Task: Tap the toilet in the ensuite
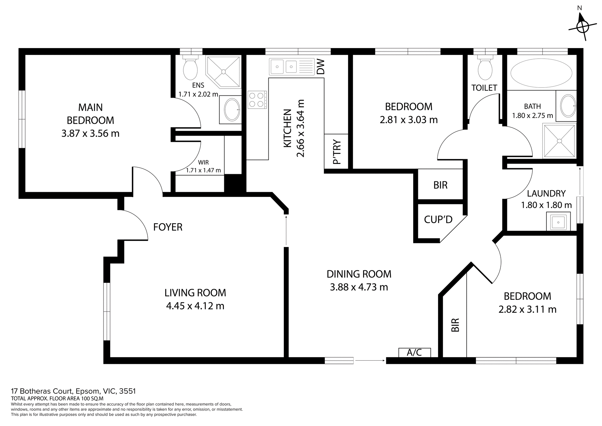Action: [x=190, y=68]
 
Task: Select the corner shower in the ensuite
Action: [x=224, y=72]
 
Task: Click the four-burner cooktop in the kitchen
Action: [x=257, y=100]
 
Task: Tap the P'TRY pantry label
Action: [x=337, y=152]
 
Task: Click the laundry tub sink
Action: [x=558, y=222]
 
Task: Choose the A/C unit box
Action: [x=415, y=353]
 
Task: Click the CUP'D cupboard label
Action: [x=438, y=219]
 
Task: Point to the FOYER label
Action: [x=168, y=227]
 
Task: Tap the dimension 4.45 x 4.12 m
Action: [x=195, y=306]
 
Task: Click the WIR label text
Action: [x=203, y=162]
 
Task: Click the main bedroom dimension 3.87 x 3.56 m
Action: [x=90, y=133]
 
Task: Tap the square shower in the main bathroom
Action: [x=560, y=141]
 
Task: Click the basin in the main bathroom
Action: [x=568, y=106]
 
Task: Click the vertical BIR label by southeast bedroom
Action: [x=455, y=325]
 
